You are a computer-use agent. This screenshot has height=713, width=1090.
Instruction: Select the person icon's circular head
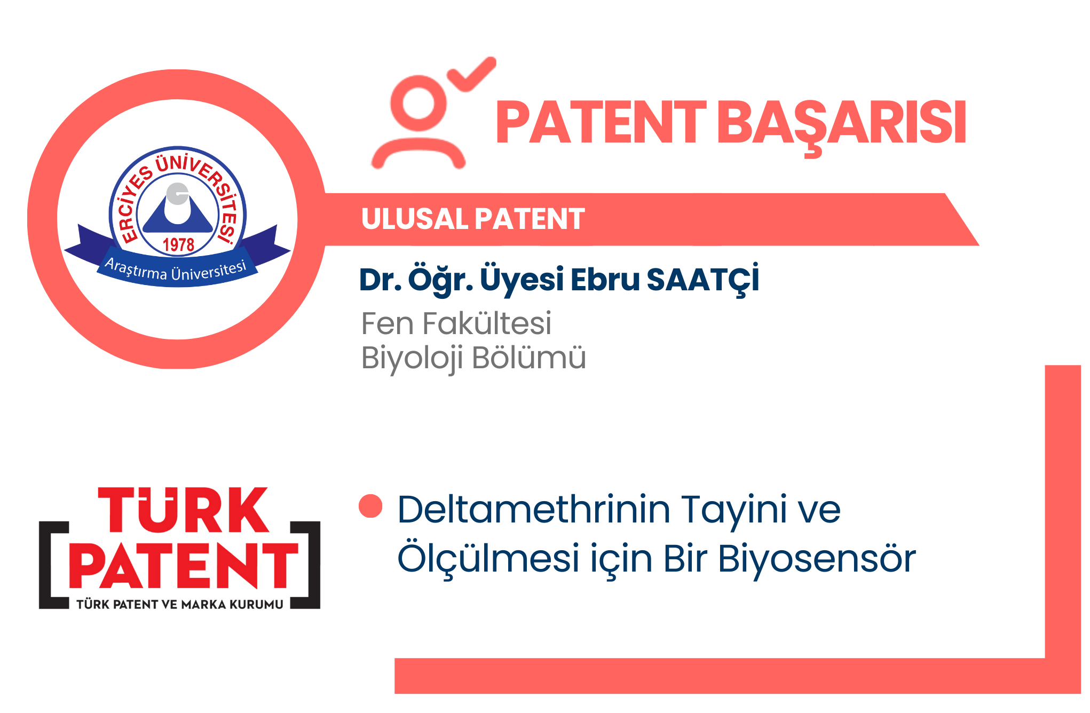coord(418,103)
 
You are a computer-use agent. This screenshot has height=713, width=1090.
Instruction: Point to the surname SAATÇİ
coord(702,280)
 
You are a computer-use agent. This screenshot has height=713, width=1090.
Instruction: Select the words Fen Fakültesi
coord(456,323)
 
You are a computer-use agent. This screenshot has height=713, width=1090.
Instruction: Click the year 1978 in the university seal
coord(178,245)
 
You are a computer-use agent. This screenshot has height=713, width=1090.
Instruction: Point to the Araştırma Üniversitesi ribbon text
coord(176,270)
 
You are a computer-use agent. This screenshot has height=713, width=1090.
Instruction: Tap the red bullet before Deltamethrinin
coord(370,506)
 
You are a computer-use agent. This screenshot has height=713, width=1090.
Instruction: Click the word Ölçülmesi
coord(488,558)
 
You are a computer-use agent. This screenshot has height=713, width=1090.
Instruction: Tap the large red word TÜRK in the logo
coord(184,510)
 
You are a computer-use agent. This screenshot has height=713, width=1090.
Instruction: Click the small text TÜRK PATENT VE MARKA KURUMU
coord(180,604)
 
